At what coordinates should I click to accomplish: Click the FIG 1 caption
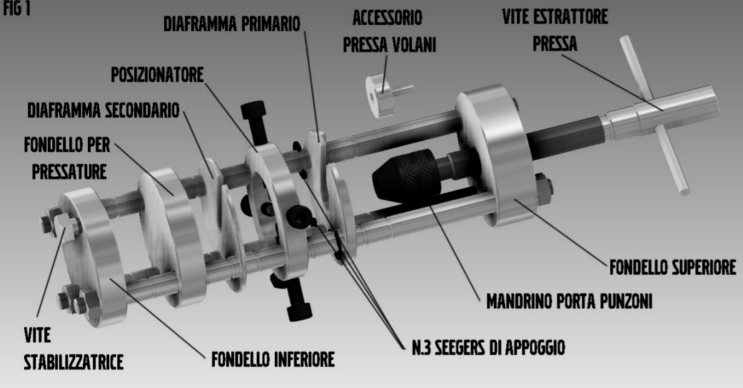coord(17,9)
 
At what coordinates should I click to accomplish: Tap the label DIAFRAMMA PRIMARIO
coord(231,24)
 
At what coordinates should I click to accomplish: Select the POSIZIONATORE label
coord(158,74)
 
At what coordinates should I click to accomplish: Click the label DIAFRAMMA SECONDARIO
coord(103,110)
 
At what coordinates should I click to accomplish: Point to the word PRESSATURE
coord(69,171)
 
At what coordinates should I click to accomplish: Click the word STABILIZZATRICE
coord(73,362)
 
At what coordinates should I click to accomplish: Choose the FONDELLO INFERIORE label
coord(273,359)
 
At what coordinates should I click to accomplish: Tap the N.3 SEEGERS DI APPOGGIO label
coord(488,347)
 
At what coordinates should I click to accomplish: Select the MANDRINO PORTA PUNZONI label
coord(569,301)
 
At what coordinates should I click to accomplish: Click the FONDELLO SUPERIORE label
coord(673,267)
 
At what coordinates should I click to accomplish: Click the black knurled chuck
coord(406,175)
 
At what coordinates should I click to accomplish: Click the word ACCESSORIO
coord(387,18)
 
